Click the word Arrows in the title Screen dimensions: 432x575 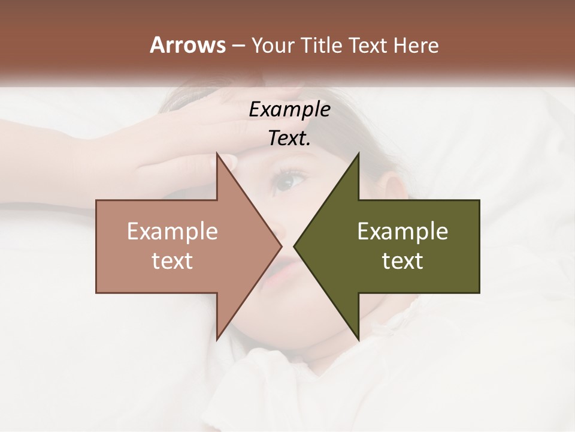point(187,45)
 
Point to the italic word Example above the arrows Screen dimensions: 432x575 point(289,110)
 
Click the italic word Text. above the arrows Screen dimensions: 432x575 point(289,139)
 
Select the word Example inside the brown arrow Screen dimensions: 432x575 point(172,231)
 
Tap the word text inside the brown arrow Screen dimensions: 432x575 point(172,261)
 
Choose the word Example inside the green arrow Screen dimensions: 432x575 point(402,231)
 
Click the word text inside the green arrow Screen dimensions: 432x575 point(402,261)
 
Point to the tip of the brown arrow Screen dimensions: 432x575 point(282,246)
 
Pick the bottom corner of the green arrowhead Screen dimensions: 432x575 point(358,339)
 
